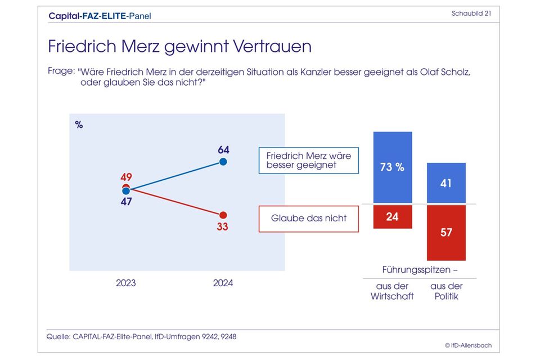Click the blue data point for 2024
[x=223, y=162]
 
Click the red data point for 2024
[x=223, y=215]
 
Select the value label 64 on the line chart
[x=223, y=150]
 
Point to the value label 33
[x=223, y=227]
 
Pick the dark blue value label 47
[x=126, y=201]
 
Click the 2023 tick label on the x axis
[x=126, y=283]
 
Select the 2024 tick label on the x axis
[x=223, y=283]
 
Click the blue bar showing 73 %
[x=393, y=167]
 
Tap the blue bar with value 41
[x=446, y=183]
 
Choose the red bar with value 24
[x=393, y=216]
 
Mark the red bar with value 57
[x=446, y=232]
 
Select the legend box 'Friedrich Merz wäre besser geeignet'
[x=309, y=160]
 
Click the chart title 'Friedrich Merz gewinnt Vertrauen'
[x=179, y=46]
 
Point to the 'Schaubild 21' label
[x=471, y=14]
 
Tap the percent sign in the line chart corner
[x=79, y=125]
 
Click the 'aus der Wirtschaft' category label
[x=392, y=291]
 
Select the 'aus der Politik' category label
[x=447, y=291]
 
